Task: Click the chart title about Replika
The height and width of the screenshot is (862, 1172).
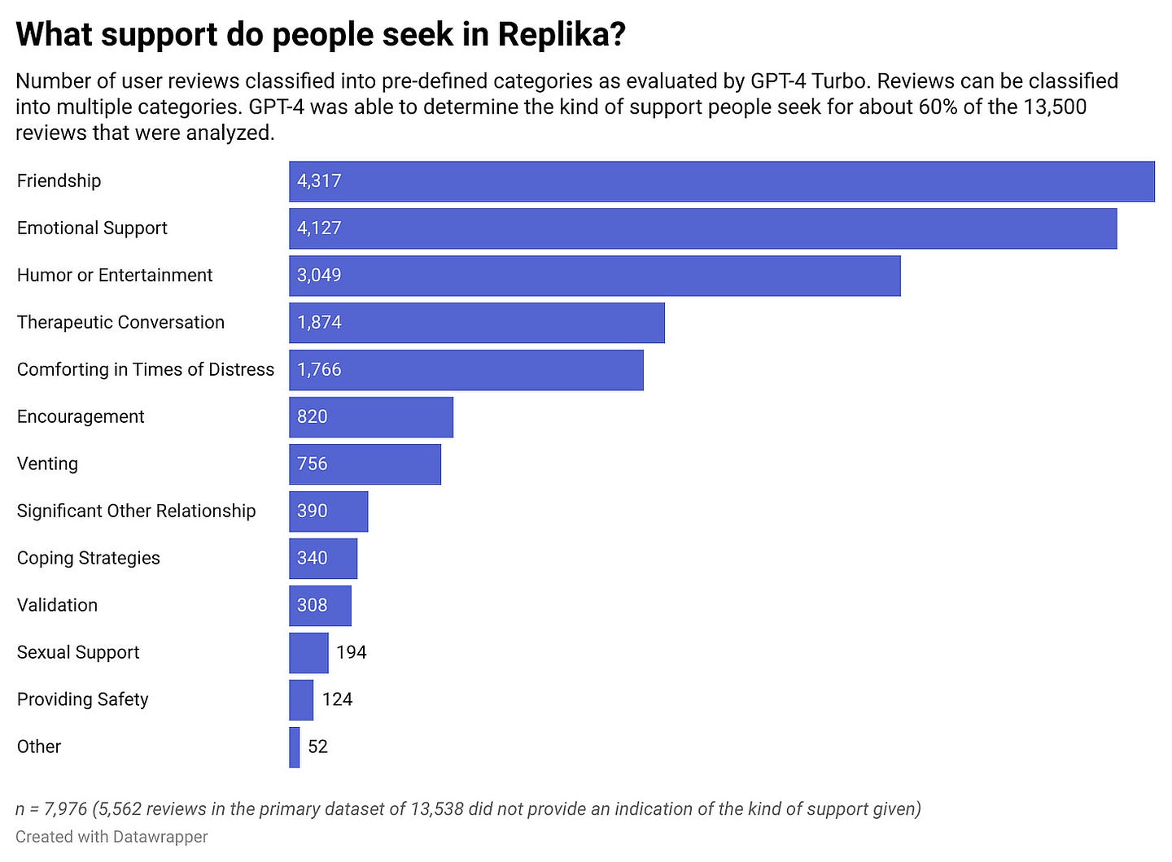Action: [x=320, y=35]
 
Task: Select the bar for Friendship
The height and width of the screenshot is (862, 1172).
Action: [x=721, y=181]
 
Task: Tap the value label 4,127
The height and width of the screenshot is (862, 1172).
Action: [x=319, y=229]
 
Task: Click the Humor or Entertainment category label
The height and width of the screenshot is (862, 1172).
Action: [x=115, y=276]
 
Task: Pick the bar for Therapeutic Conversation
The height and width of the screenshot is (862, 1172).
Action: [x=476, y=323]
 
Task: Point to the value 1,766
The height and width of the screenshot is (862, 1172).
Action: [x=319, y=370]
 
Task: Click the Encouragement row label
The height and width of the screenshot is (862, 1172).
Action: [x=81, y=417]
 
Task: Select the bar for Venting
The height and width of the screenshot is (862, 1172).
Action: [x=365, y=464]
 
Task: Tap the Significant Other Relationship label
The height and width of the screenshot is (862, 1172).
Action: [x=136, y=512]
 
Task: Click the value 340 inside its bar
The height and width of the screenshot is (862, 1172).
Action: [x=313, y=559]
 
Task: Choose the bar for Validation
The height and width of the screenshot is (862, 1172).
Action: [x=320, y=606]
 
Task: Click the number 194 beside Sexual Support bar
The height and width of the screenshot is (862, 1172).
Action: [x=352, y=653]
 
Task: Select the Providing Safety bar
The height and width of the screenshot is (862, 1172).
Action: [x=301, y=700]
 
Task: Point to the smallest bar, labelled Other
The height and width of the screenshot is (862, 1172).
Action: [x=294, y=747]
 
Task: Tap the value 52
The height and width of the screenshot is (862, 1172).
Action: [x=317, y=747]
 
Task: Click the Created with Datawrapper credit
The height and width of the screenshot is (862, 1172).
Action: [x=112, y=837]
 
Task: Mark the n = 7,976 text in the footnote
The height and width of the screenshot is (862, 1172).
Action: [x=51, y=809]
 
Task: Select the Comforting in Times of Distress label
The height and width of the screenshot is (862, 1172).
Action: [x=146, y=370]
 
